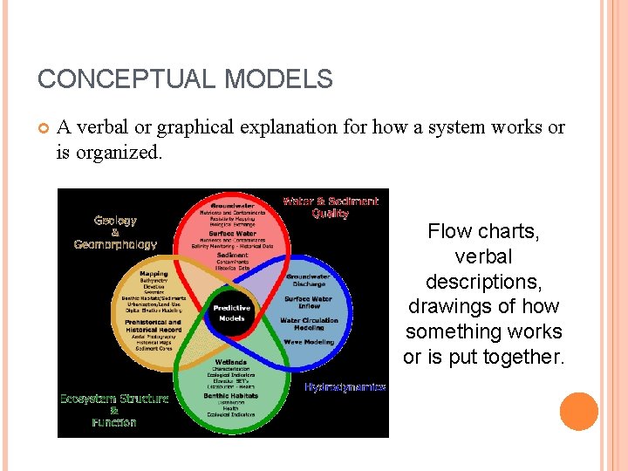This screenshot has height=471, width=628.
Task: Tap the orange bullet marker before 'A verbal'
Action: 43,128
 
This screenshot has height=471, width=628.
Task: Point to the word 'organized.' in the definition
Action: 118,154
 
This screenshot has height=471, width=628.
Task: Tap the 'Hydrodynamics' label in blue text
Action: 345,387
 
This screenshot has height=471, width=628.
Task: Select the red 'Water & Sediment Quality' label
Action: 330,207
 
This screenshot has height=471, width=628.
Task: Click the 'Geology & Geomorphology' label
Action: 115,232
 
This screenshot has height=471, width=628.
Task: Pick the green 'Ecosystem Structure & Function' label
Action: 113,410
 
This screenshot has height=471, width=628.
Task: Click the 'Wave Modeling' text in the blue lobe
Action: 308,343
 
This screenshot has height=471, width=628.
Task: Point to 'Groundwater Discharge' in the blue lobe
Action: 308,280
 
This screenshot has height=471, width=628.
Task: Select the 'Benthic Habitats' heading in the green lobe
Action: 231,395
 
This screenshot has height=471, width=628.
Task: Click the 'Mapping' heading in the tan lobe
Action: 154,275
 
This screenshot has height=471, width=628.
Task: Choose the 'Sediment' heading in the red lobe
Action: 232,256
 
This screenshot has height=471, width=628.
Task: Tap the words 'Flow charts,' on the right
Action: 482,232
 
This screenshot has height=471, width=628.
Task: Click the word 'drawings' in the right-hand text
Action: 444,307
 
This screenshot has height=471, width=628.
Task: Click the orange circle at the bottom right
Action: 578,412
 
